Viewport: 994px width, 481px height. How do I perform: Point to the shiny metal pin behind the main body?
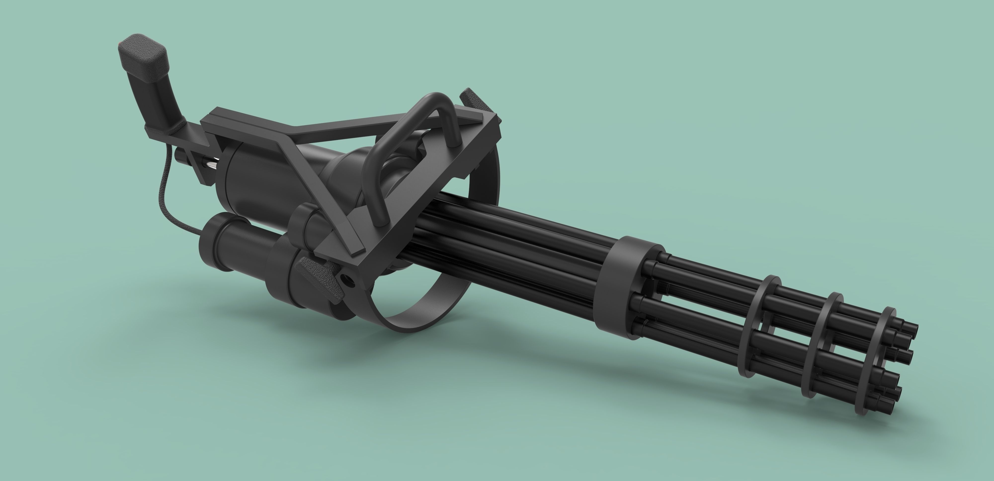tap(211, 166)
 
